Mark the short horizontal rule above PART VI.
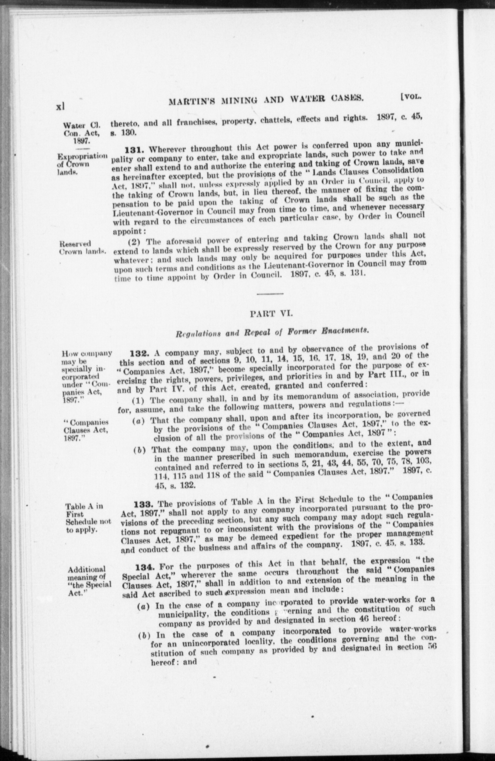point(270,293)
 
